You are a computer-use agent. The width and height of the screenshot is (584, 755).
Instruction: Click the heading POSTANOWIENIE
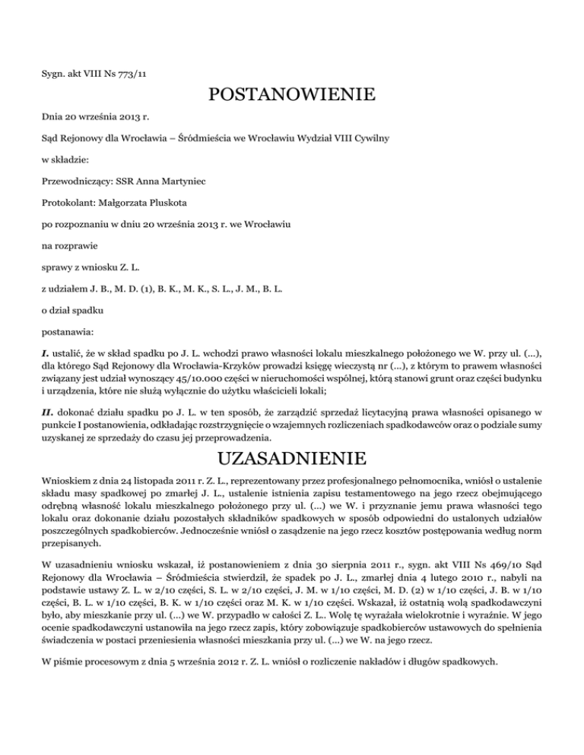click(x=291, y=96)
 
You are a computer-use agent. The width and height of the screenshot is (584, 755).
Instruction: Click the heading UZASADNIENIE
click(x=291, y=460)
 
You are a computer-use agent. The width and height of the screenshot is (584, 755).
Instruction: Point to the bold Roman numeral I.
click(x=44, y=355)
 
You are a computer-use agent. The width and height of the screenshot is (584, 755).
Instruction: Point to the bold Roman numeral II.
click(x=46, y=412)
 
